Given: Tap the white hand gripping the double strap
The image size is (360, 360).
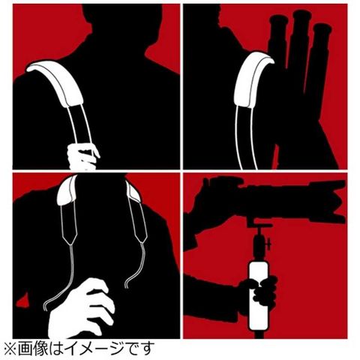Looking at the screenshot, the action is [82, 156].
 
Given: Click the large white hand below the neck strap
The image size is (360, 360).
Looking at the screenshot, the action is [80, 310].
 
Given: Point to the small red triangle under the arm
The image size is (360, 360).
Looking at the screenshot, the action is [22, 301].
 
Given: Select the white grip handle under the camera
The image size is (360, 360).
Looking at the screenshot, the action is [258, 295].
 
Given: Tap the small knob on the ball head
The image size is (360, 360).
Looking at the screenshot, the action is [268, 243].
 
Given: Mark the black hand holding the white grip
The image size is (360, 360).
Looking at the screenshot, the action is [260, 290].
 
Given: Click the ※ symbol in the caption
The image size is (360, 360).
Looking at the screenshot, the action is [10, 349].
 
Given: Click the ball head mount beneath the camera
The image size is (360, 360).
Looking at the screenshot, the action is [260, 238].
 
